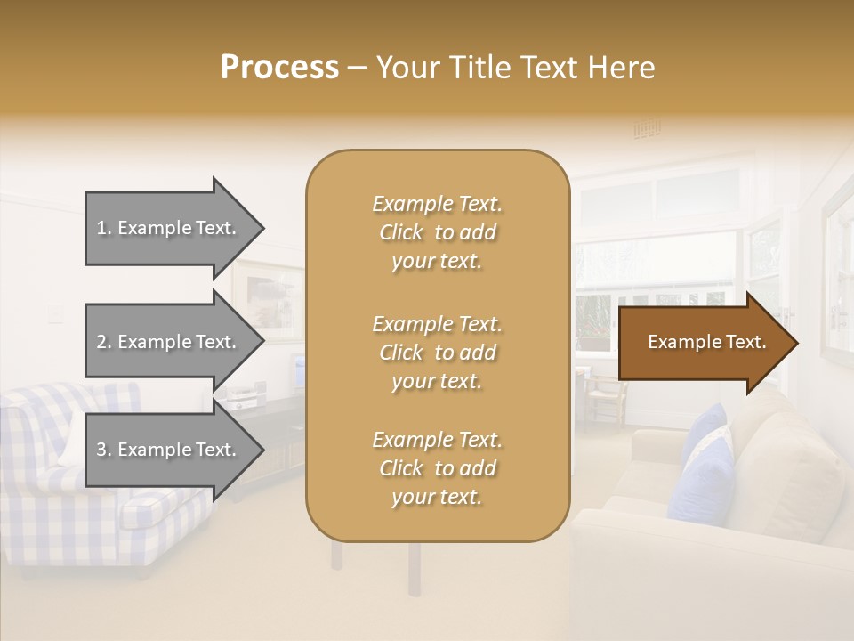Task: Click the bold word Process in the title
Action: pos(279,68)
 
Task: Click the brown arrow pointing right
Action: pos(707,343)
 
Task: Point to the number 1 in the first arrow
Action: pos(102,228)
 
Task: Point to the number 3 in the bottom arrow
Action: pos(102,450)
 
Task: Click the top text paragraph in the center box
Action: pos(437,232)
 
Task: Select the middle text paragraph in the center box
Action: pos(437,353)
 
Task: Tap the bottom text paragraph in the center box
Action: pos(437,468)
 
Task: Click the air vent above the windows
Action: pos(647,130)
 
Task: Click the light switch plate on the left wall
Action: pos(56,313)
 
